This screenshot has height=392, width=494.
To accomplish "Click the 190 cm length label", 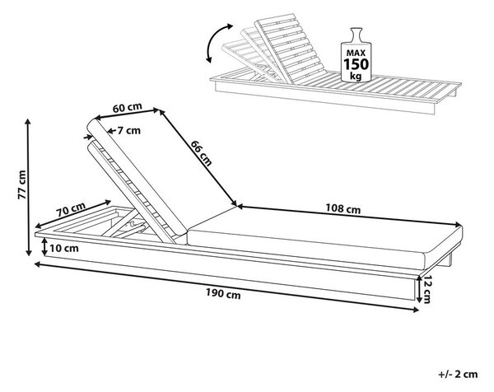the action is coord(223,294).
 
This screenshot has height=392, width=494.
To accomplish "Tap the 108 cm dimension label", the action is coord(343,208).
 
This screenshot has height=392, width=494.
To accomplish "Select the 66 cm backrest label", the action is coord(201,153).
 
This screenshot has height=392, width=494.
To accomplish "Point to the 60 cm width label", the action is coord(128,107).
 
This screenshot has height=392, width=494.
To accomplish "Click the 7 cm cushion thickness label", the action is coord(129,130).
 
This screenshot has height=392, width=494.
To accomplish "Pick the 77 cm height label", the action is coord(21,184).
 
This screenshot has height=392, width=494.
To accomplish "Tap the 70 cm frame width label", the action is coord(71,209).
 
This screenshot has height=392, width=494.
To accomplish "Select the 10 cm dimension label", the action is coord(64,249).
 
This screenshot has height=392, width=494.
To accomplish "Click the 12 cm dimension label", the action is coord(426,289).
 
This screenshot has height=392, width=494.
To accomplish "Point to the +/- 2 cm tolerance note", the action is coord(458,374).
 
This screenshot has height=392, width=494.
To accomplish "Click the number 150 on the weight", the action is coord(356,64).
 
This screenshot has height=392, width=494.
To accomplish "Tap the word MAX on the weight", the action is coord(356,53).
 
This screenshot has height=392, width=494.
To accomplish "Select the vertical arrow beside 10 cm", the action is coord(44,247).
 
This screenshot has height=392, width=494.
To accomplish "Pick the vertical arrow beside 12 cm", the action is coord(419,289).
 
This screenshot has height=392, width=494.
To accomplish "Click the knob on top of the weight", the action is coord(357,35).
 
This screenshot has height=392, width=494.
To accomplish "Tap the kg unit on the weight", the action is coord(356,76).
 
